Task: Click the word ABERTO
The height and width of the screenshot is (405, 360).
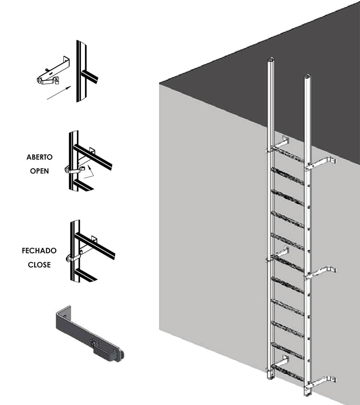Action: coord(40,157)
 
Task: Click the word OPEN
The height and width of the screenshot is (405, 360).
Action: coord(40,171)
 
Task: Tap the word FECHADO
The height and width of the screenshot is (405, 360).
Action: coord(39,251)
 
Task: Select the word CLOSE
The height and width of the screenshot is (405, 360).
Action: coord(39,265)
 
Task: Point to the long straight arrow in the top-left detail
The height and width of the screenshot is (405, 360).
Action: coord(58,93)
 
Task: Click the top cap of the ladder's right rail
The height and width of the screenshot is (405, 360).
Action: coord(307,76)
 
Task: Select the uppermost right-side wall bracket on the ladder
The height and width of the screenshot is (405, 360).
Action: coord(320,163)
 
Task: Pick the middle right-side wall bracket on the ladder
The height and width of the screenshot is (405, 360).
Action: coord(320,273)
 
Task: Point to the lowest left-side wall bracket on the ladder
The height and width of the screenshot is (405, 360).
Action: coord(278,364)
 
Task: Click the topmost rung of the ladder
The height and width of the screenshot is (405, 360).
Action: coord(288,154)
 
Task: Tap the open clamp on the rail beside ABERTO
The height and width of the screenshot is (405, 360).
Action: coord(74,170)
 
